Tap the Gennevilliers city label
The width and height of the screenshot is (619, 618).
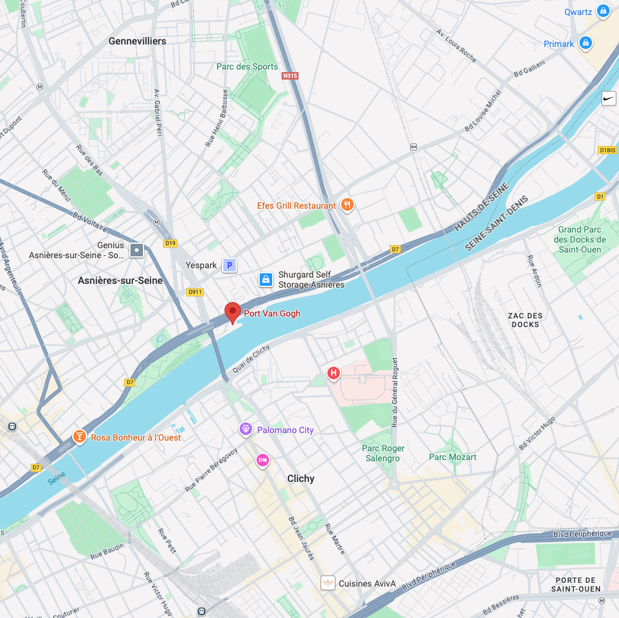(x=137, y=41)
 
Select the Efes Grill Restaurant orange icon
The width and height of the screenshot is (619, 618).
(x=347, y=204)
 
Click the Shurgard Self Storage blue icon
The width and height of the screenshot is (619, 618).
(x=266, y=279)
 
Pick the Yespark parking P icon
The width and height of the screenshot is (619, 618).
(x=230, y=265)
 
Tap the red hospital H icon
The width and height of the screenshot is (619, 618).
(x=334, y=374)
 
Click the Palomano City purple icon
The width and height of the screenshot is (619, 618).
(x=246, y=429)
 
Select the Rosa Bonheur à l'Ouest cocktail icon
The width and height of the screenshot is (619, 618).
(x=79, y=437)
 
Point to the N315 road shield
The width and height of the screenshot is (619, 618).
(x=290, y=76)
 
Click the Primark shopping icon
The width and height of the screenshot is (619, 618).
(x=586, y=43)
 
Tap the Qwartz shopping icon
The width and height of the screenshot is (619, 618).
(x=603, y=11)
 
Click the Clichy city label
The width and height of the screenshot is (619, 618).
(x=300, y=478)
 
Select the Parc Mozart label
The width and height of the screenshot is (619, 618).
(x=452, y=457)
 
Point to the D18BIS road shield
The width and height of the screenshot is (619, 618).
(x=607, y=150)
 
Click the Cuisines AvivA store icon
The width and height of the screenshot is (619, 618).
(x=327, y=583)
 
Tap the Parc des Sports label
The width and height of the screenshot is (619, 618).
(x=247, y=66)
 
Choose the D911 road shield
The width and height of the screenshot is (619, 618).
(x=195, y=291)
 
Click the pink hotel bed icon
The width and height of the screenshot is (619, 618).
(x=263, y=461)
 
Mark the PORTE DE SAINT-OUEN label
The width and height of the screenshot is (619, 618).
(x=576, y=584)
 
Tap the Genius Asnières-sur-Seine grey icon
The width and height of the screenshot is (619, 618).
(x=137, y=251)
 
